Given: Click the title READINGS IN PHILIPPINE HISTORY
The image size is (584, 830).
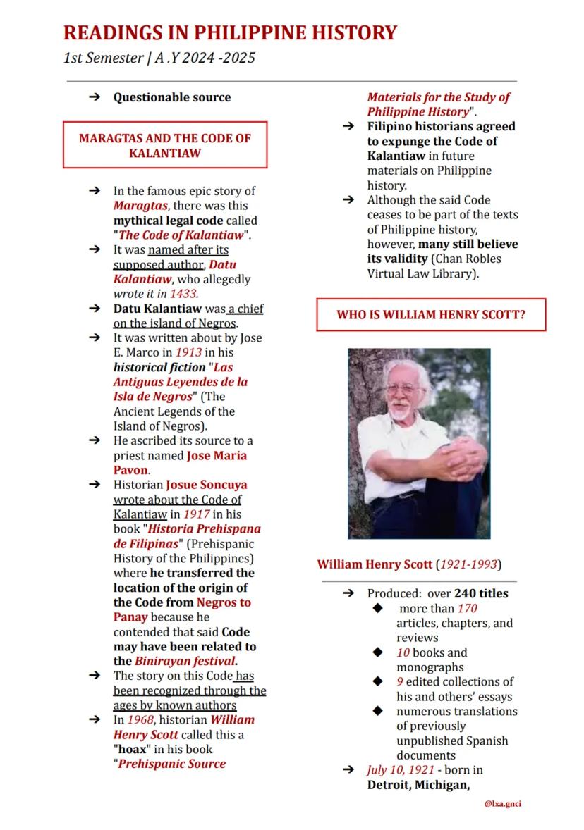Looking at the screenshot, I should point(230,32).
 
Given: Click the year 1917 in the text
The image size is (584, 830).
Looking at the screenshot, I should point(197,514).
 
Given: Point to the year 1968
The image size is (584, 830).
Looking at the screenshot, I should point(140,719).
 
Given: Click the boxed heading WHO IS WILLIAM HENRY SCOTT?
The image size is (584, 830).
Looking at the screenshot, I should point(430,315).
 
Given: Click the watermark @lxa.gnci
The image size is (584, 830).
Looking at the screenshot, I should point(502,803).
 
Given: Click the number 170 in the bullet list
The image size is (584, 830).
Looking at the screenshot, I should point(467,608).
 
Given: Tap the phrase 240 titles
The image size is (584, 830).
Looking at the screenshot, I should point(481,593).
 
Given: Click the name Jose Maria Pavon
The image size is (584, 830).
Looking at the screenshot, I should point(180,462).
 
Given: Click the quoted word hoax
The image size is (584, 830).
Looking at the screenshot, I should point(130,749).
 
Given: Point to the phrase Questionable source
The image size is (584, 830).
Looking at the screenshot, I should point(172,97).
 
